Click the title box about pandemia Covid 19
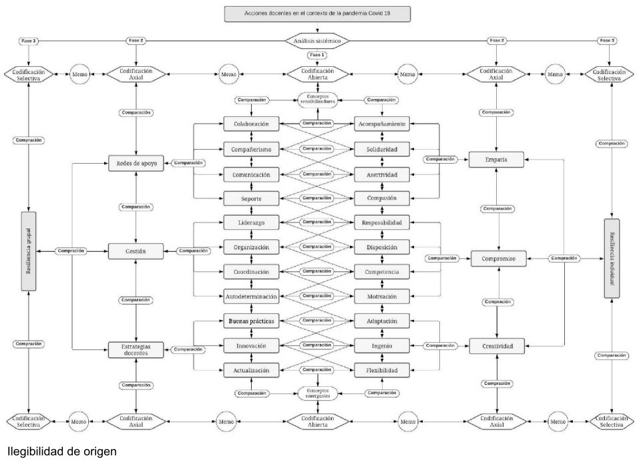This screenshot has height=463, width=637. [317, 14]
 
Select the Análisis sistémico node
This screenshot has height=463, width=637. [317, 41]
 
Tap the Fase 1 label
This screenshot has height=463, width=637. [317, 55]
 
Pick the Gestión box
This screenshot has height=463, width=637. [136, 251]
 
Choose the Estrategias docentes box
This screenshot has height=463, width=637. [136, 349]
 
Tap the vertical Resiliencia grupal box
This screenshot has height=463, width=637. [29, 251]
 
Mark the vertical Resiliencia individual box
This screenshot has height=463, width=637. [612, 258]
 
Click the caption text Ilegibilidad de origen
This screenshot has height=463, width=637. [59, 452]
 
